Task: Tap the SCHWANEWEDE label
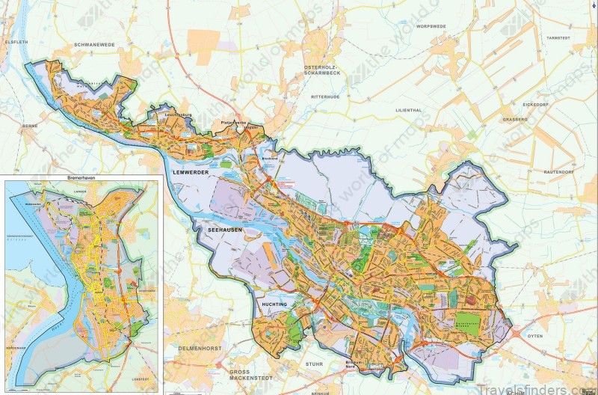point(95,44)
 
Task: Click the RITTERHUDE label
point(327,97)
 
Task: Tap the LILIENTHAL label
point(410,110)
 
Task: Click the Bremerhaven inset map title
point(81,180)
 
